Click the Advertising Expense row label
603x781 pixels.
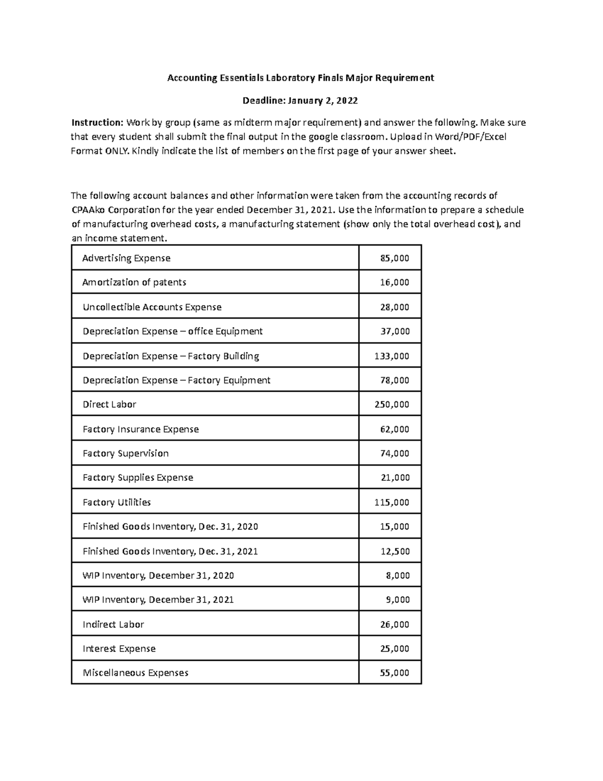tap(126, 258)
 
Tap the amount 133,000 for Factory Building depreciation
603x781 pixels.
tap(392, 356)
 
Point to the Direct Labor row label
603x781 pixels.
tap(109, 404)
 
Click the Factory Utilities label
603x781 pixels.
tap(117, 502)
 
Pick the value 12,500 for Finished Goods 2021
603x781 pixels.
tap(395, 551)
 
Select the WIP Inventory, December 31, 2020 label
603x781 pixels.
tap(158, 575)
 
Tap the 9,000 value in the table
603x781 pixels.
tap(397, 599)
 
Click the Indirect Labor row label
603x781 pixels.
tap(113, 624)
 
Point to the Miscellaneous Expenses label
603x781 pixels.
tap(135, 673)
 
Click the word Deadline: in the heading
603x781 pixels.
tap(264, 101)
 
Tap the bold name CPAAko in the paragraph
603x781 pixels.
tap(88, 210)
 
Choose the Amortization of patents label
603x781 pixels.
tap(134, 282)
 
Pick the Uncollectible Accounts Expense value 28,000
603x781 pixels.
tap(394, 307)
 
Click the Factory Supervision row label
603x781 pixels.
tap(126, 453)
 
